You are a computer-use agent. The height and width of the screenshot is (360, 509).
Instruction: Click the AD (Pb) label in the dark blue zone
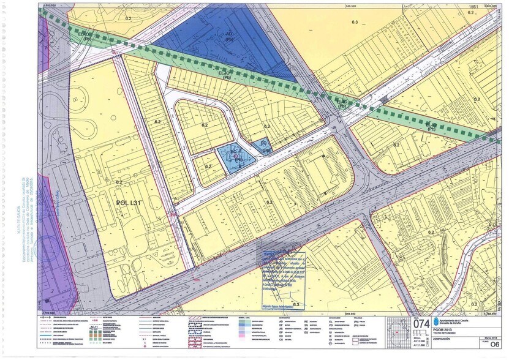(x=230, y=36)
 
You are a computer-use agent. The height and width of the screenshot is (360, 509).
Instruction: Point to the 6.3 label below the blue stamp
(x=296, y=304)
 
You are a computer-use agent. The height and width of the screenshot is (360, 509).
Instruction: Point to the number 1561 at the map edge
(x=472, y=5)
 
